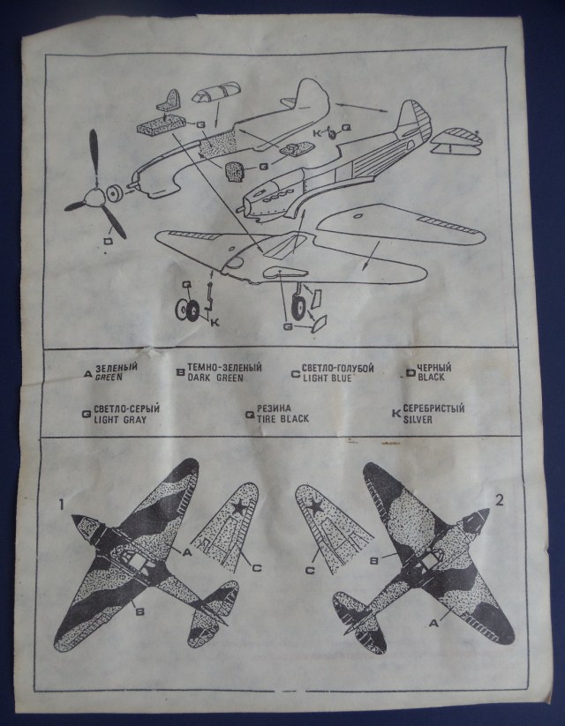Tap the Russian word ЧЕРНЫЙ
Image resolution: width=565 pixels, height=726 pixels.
point(431,367)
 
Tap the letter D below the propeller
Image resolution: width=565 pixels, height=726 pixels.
point(106,240)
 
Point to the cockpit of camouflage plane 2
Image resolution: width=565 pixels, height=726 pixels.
point(430,558)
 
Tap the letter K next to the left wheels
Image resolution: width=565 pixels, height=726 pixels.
point(215,322)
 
